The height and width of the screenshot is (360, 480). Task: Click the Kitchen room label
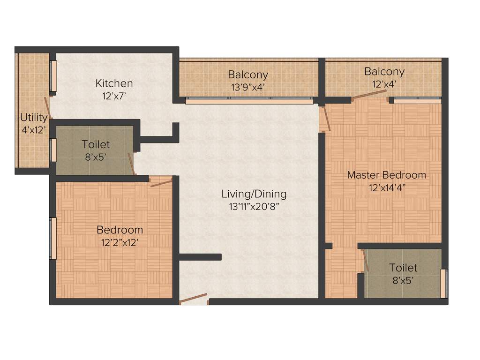click(114, 83)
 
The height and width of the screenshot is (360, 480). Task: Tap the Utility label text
click(34, 117)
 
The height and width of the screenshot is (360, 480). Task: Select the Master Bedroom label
click(386, 175)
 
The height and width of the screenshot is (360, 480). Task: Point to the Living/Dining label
click(254, 194)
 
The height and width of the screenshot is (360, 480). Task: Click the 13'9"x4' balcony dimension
click(248, 87)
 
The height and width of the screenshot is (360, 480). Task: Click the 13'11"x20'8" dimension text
click(254, 206)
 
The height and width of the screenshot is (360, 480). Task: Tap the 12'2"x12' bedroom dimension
click(120, 243)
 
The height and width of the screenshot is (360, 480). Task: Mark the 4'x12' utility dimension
click(34, 130)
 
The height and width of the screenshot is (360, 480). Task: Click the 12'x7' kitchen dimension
click(114, 96)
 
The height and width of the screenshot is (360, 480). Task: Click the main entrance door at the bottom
click(194, 298)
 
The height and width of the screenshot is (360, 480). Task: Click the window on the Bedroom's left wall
click(53, 238)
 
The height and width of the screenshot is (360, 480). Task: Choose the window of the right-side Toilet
click(443, 284)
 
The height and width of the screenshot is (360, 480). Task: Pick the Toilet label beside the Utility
click(96, 144)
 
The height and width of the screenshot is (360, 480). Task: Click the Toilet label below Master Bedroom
click(403, 268)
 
